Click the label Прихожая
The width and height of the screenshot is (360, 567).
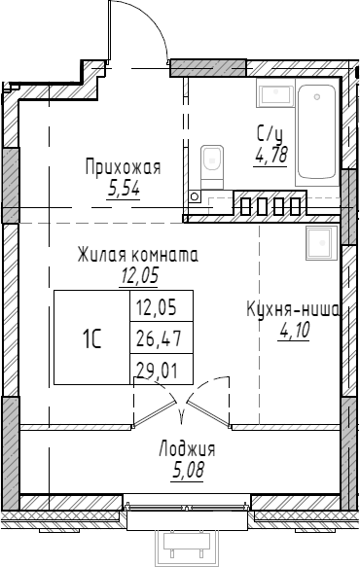click(x=122, y=167)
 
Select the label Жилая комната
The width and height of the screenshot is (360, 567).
click(x=138, y=257)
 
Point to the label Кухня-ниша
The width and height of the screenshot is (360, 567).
click(x=292, y=311)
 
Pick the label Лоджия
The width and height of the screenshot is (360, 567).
click(x=186, y=449)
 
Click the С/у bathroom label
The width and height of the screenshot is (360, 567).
click(x=270, y=135)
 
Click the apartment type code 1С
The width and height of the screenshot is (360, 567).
click(x=91, y=338)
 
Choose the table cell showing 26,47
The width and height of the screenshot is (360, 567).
click(x=162, y=338)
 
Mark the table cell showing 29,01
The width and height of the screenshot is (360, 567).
click(x=162, y=369)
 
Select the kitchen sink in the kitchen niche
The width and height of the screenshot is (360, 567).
click(x=318, y=241)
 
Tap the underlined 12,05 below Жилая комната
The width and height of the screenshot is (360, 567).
click(x=138, y=275)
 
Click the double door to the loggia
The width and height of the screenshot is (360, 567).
click(x=183, y=408)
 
